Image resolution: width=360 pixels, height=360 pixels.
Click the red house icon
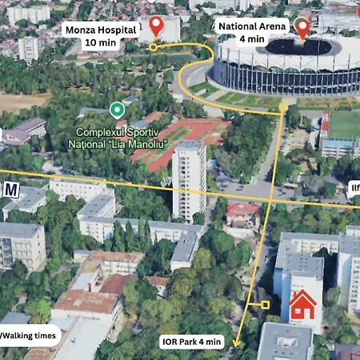(x=302, y=304)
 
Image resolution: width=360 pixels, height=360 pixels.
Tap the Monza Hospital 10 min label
(x=90, y=36)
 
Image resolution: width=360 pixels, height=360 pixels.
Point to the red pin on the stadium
(x=302, y=28)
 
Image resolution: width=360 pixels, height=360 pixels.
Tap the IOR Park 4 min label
(x=191, y=342)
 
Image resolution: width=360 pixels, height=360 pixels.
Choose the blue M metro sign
(x=11, y=190)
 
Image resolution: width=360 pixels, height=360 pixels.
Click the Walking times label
(x=29, y=336)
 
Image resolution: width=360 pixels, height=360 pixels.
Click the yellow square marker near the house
(x=266, y=304)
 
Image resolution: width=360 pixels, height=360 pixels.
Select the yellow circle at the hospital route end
(x=153, y=47)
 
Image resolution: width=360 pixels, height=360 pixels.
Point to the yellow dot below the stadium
(x=283, y=106)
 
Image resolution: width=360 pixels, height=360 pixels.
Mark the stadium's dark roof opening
(x=298, y=47)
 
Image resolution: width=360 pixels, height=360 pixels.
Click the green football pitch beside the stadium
(x=343, y=125)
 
